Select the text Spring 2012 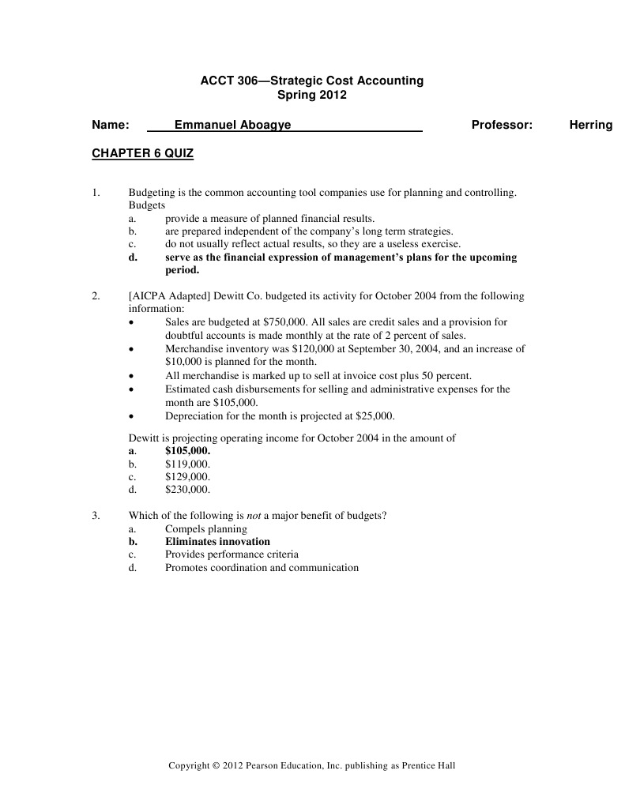pyautogui.click(x=312, y=95)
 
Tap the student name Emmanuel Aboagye pyautogui.click(x=232, y=125)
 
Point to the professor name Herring pyautogui.click(x=590, y=125)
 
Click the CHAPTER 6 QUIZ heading pyautogui.click(x=142, y=154)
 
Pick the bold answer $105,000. pyautogui.click(x=187, y=450)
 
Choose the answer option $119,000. pyautogui.click(x=187, y=464)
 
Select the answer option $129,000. pyautogui.click(x=187, y=477)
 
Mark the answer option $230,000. pyautogui.click(x=187, y=490)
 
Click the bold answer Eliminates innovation pyautogui.click(x=217, y=542)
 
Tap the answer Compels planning pyautogui.click(x=205, y=528)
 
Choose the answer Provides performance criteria pyautogui.click(x=232, y=554)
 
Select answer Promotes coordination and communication pyautogui.click(x=262, y=567)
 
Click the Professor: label pyautogui.click(x=502, y=125)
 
